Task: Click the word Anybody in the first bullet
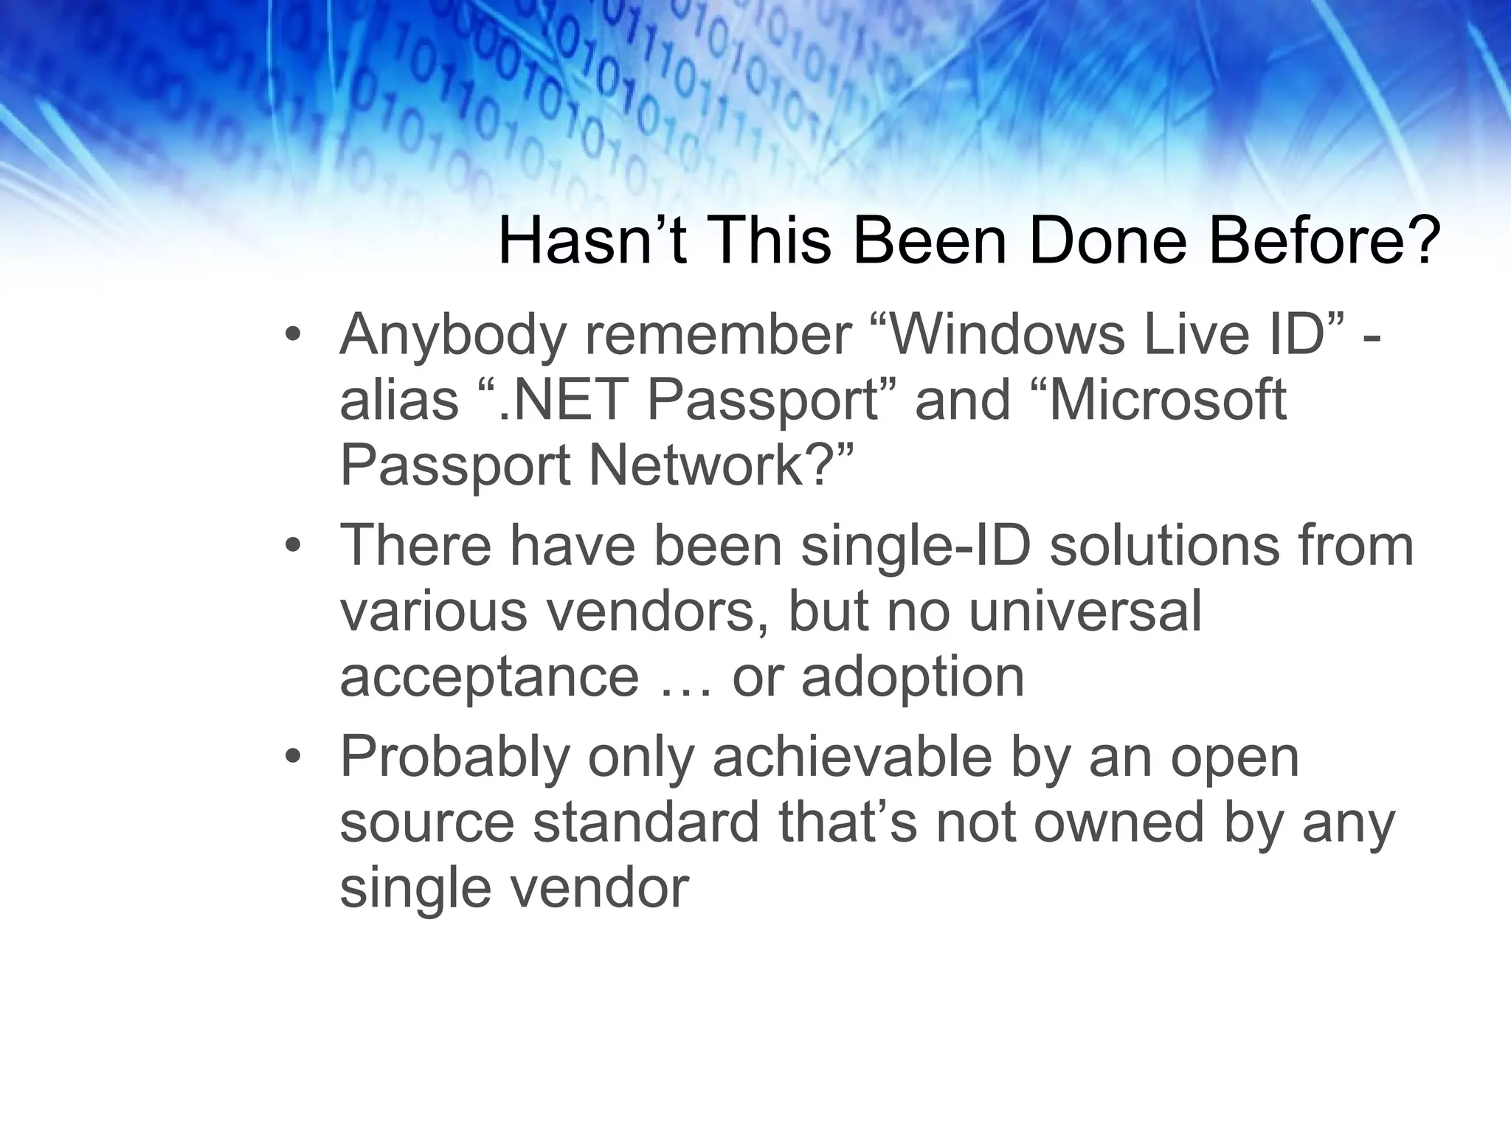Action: [452, 336]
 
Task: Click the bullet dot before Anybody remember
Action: [293, 336]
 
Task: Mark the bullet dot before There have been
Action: [293, 547]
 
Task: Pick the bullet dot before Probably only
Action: [293, 757]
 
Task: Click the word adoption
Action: [913, 677]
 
